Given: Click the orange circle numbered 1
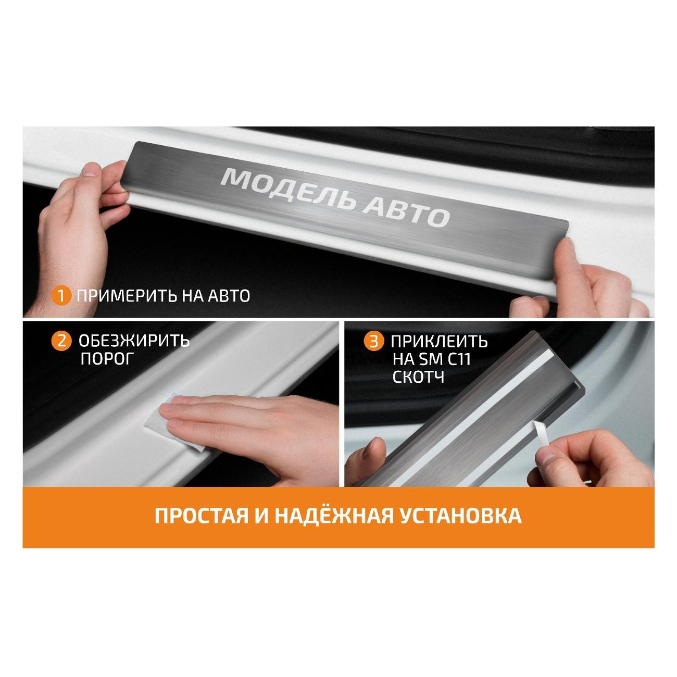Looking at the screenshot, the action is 61,296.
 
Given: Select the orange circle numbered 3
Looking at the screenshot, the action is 374,342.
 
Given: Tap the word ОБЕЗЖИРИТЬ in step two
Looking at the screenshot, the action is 134,341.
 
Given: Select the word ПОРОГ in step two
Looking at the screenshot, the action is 107,359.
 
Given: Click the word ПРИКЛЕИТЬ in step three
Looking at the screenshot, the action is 439,341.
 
